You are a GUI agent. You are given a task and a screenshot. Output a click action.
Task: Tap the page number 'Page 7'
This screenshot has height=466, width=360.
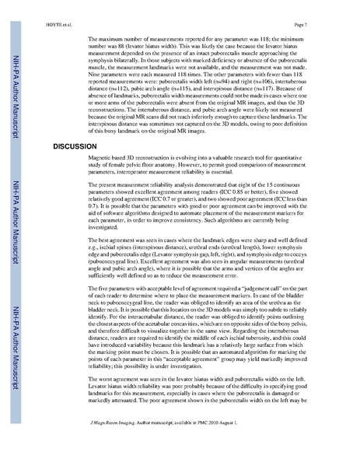[x=327, y=13]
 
